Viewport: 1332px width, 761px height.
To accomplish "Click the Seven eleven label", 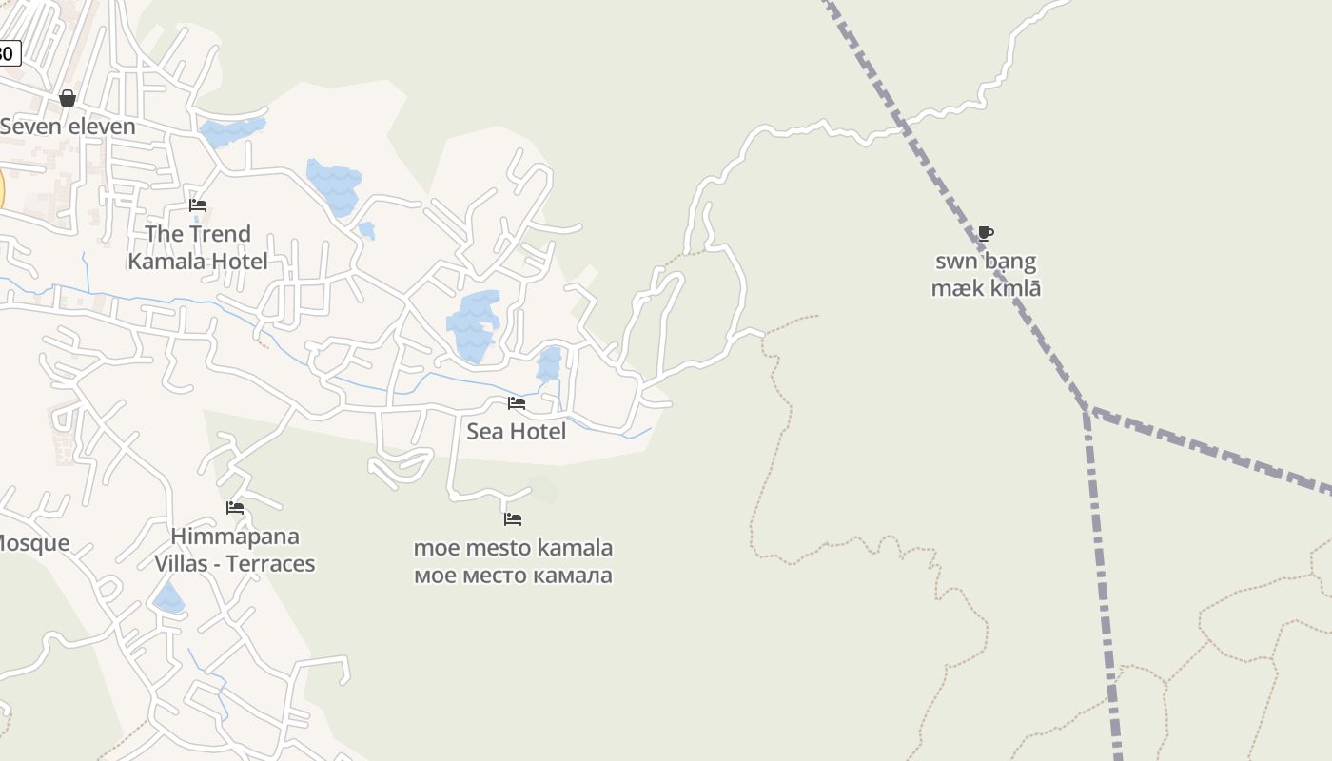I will (68, 127).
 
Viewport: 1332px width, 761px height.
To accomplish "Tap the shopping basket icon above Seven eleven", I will (68, 98).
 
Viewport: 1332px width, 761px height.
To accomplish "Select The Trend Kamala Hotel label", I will (198, 247).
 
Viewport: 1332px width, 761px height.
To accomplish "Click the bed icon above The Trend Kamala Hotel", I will (198, 205).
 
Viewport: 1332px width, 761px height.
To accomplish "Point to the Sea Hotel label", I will (516, 432).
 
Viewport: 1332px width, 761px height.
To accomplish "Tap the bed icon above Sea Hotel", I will (517, 403).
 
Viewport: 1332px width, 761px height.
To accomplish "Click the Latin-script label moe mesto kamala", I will (513, 549).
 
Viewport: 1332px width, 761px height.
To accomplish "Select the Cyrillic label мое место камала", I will (513, 576).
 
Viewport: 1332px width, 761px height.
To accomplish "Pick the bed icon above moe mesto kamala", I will (513, 519).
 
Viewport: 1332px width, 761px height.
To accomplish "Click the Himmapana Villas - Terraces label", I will (235, 551).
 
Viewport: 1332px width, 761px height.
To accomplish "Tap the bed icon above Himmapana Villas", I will (235, 508).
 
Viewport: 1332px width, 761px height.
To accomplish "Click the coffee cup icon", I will (986, 233).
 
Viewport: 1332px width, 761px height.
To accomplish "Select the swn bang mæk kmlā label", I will (986, 275).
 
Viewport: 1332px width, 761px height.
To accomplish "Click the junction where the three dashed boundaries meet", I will (1087, 410).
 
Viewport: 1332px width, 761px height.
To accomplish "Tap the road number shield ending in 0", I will (8, 53).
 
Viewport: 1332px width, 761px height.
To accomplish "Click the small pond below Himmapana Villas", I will (169, 599).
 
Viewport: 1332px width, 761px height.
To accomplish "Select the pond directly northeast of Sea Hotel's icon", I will (549, 364).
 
